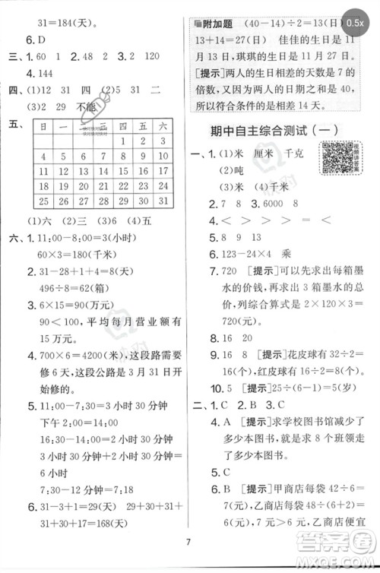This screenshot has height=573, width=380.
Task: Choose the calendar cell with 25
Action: click(43, 201)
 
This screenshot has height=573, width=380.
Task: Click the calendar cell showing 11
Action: click(43, 185)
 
